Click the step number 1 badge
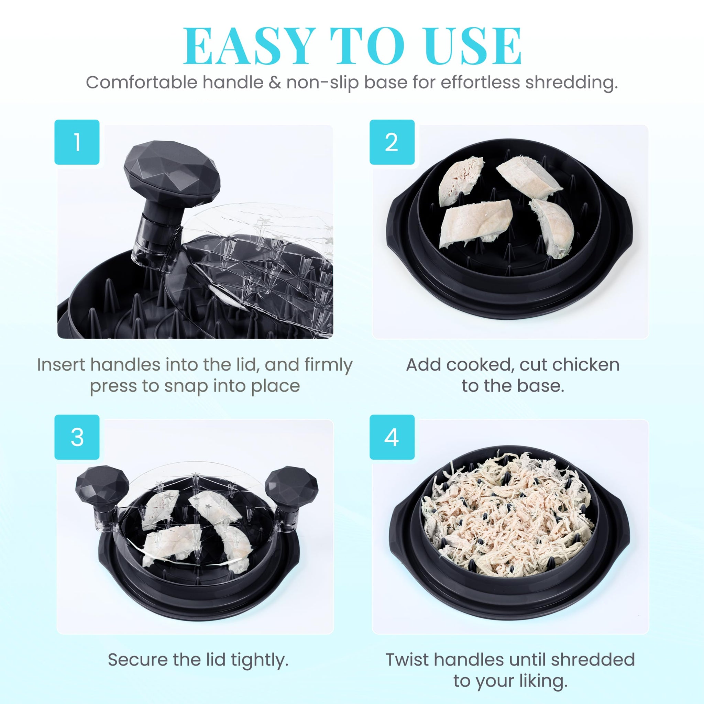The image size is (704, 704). (x=77, y=142)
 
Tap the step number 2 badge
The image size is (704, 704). (x=392, y=142)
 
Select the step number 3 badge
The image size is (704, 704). (x=77, y=437)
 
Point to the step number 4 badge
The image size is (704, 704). (x=392, y=437)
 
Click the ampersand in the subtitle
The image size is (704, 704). (x=275, y=82)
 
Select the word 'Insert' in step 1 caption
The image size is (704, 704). (x=62, y=365)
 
